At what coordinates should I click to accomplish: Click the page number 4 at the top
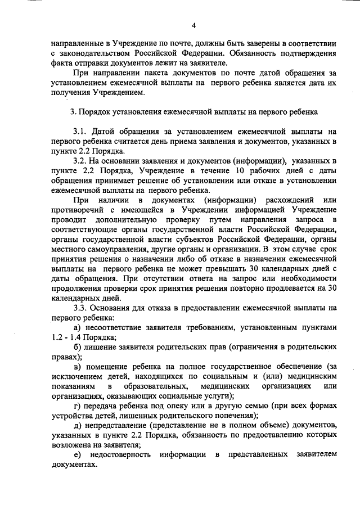[193, 25]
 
